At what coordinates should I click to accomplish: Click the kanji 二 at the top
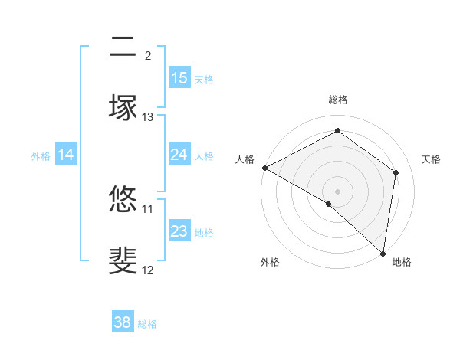coord(123,49)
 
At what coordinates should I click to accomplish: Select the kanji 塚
coord(123,108)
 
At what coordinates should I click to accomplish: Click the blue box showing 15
coord(179,77)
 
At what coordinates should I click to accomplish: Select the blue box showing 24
coord(179,155)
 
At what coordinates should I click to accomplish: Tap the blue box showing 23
coord(179,231)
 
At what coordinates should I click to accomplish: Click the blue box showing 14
coord(66,155)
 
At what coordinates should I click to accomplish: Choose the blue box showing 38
coord(123,322)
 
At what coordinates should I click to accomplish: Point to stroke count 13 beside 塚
coord(148,117)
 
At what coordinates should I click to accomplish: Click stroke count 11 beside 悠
coord(148,208)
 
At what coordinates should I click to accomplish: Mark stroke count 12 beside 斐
coord(148,270)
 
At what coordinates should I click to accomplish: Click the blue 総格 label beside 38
coord(148,324)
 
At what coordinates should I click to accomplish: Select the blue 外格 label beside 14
coord(41,155)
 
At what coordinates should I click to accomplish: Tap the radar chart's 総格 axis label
coord(337,100)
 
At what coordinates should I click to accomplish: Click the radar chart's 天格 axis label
coord(432,159)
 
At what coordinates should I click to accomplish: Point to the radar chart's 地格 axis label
coord(402,262)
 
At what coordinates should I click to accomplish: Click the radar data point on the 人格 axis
coord(264,168)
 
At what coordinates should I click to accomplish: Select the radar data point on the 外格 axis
coord(329,204)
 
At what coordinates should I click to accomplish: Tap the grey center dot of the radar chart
coord(337,191)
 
